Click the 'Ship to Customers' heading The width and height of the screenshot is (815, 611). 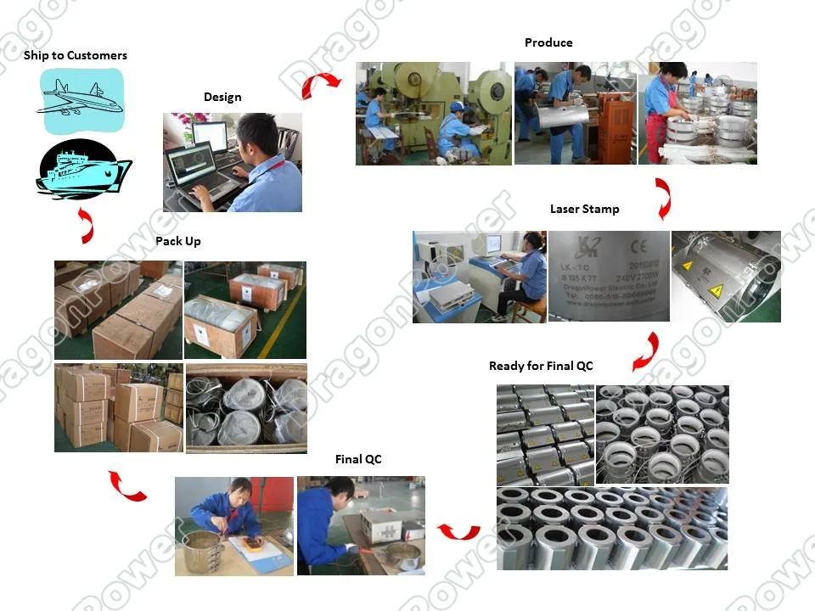click(76, 55)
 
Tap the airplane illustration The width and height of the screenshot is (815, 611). click(81, 100)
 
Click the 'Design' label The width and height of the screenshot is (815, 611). click(222, 97)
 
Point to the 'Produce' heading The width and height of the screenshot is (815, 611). click(548, 42)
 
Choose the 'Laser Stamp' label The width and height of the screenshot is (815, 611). click(585, 209)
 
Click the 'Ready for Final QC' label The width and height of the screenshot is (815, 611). click(541, 366)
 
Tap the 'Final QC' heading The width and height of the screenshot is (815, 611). click(358, 459)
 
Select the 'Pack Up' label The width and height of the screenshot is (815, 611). click(178, 241)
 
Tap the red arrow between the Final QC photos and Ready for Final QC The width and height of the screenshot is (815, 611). click(458, 531)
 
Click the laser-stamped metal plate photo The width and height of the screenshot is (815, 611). click(609, 277)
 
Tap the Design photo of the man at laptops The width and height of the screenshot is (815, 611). click(233, 162)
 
